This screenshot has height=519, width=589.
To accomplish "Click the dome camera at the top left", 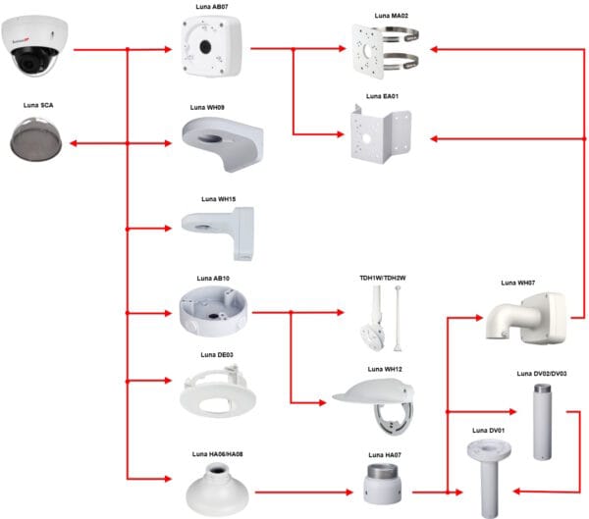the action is pyautogui.click(x=34, y=46).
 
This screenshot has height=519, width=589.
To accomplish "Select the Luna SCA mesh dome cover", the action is pyautogui.click(x=36, y=139).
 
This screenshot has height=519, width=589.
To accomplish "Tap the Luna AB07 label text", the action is pyautogui.click(x=211, y=7).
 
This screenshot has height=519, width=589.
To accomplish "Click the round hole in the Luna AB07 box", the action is pyautogui.click(x=205, y=47).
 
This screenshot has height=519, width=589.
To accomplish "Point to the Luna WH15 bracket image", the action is pyautogui.click(x=219, y=233).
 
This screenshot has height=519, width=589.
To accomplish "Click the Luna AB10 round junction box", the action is pyautogui.click(x=213, y=310).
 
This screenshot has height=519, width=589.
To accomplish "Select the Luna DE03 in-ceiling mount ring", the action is pyautogui.click(x=218, y=391).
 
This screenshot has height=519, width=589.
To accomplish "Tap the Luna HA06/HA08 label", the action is pyautogui.click(x=218, y=454).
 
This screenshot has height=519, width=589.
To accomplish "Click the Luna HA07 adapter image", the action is pyautogui.click(x=383, y=484).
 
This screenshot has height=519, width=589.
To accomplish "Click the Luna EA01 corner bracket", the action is pyautogui.click(x=381, y=134).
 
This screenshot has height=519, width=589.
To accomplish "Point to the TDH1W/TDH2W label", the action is pyautogui.click(x=383, y=278).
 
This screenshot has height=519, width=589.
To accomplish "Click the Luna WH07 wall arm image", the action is pyautogui.click(x=526, y=319).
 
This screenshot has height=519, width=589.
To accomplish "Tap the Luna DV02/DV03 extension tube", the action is pyautogui.click(x=543, y=421).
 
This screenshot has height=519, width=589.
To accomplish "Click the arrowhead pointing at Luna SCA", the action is pyautogui.click(x=74, y=143).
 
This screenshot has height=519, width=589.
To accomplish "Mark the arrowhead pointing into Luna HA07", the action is pyautogui.click(x=349, y=493).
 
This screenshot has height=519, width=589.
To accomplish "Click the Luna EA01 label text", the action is pyautogui.click(x=382, y=96).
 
